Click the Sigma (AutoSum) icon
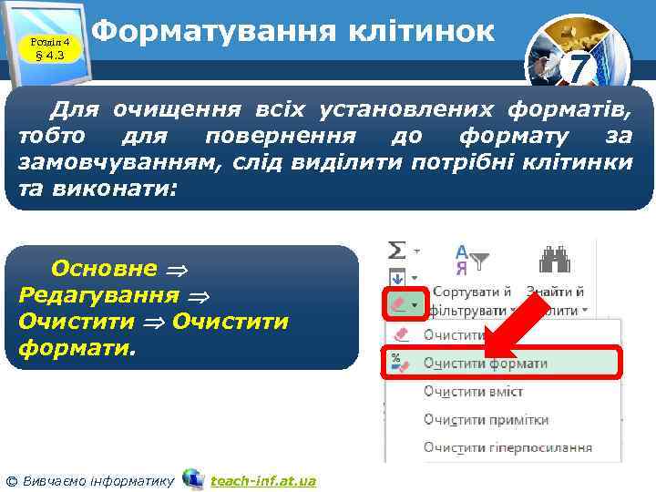[398, 249]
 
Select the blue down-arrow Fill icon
[398, 276]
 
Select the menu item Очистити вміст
[473, 391]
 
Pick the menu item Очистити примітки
[486, 419]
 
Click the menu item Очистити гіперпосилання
[507, 447]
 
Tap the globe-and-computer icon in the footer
[192, 478]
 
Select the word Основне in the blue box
[104, 269]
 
